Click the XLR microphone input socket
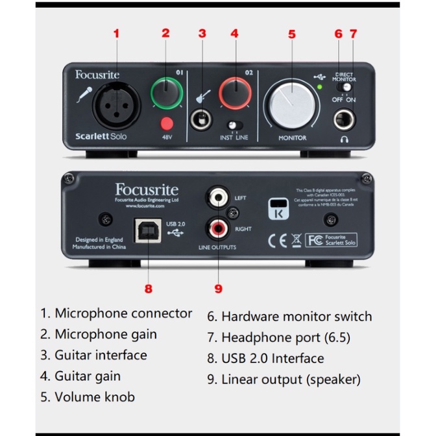tap(117, 108)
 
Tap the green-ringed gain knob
tap(166, 92)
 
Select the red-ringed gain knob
tap(234, 92)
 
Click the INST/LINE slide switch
tap(234, 125)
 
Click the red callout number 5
tap(292, 34)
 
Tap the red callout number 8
tap(149, 289)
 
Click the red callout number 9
tap(218, 289)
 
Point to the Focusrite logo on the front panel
tap(97, 75)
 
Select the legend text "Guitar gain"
tap(80, 376)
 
